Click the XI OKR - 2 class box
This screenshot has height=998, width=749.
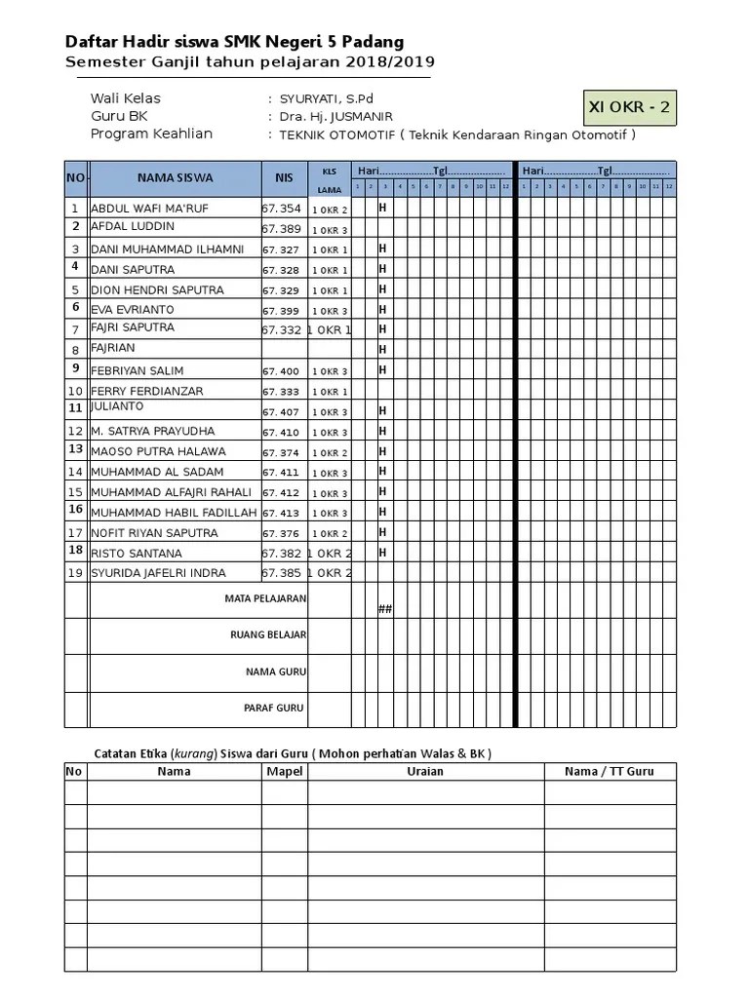tap(630, 107)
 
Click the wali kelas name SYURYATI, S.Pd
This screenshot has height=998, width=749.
tap(326, 98)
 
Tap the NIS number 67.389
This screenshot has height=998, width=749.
tap(282, 228)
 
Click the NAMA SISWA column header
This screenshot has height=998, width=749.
tap(175, 177)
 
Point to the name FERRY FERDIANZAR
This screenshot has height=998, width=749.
tap(147, 391)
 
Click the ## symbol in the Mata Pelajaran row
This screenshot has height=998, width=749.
tap(384, 609)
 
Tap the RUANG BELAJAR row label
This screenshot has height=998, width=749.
tap(268, 634)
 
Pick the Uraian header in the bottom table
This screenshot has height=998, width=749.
tap(425, 771)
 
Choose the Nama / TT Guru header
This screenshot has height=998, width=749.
tap(610, 771)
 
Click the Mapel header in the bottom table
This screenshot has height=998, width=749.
tap(285, 771)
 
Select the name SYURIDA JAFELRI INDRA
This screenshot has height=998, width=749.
tap(158, 573)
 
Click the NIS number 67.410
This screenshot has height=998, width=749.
tap(282, 432)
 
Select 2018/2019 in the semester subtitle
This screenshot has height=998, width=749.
tap(392, 61)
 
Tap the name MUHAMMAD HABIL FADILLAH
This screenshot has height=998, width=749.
tap(174, 513)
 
